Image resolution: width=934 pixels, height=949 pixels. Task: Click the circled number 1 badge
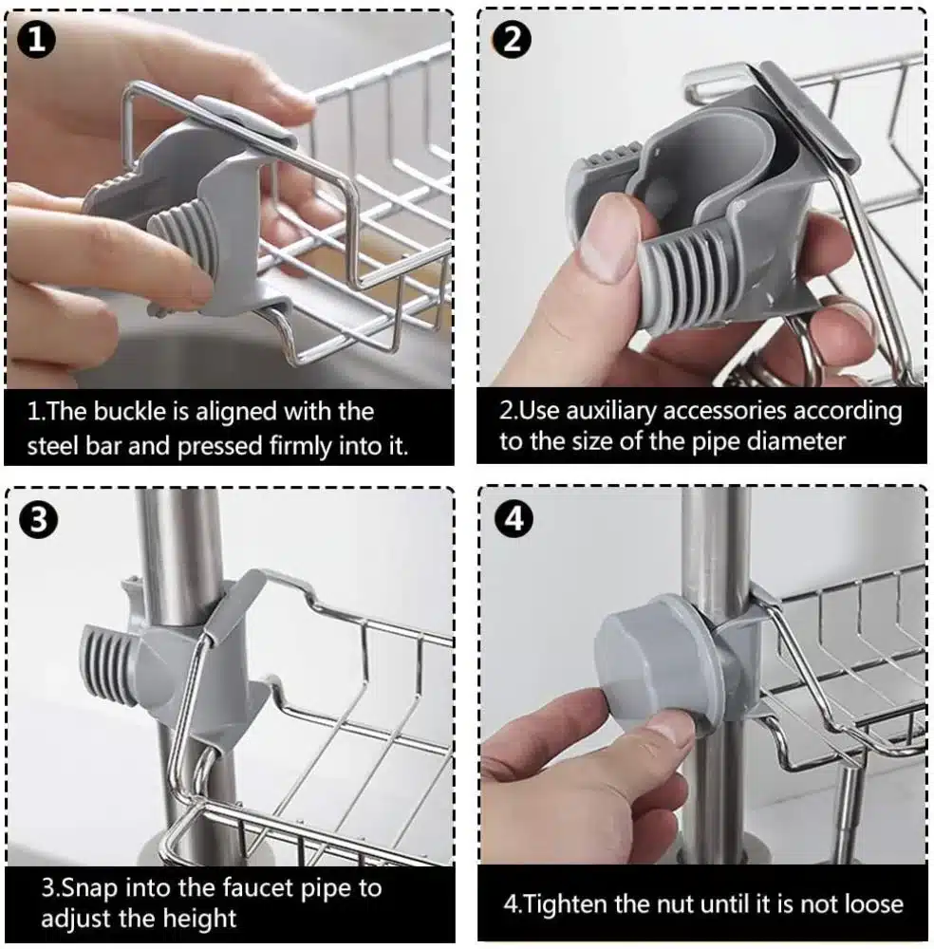pyautogui.click(x=36, y=39)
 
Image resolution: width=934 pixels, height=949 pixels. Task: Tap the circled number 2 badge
pyautogui.click(x=513, y=39)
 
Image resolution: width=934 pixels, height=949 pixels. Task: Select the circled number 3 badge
pyautogui.click(x=38, y=519)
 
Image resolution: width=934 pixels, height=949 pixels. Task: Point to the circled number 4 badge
pyautogui.click(x=514, y=518)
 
